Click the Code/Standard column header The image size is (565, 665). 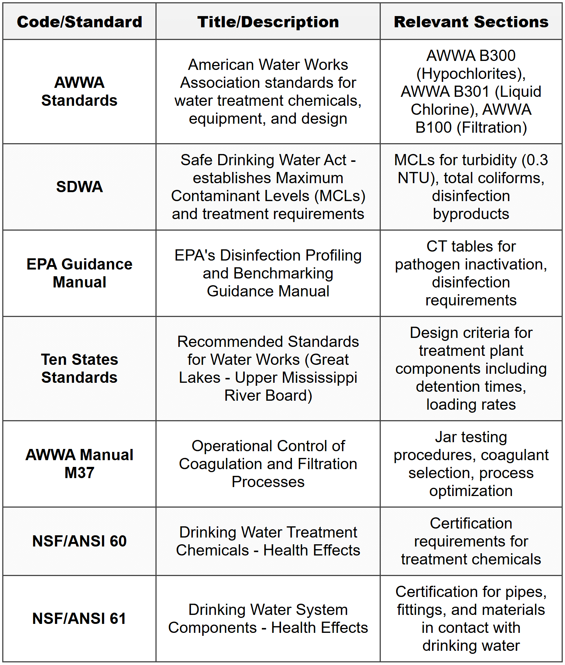pos(79,22)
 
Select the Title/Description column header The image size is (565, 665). pos(268,22)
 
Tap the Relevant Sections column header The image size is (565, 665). pos(471,22)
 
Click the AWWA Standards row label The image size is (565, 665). pos(79,92)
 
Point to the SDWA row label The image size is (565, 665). pos(79,187)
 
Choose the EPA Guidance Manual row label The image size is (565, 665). pos(79,273)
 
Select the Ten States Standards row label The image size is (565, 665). pos(79,369)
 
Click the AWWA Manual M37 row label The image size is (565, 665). pos(79,464)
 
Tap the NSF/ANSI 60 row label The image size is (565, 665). pos(79,541)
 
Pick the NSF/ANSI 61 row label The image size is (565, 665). pos(79,619)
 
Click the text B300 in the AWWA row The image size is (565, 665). pos(497,56)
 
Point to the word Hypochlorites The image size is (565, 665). pos(469,74)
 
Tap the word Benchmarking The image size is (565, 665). pos(283,274)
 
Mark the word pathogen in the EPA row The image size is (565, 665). pos(418,265)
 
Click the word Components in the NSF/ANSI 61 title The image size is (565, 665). pos(212,628)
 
